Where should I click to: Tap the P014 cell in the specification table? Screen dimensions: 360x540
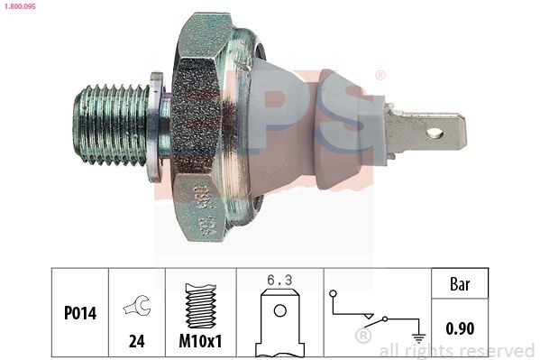click(x=80, y=312)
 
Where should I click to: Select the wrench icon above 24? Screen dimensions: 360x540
click(x=136, y=308)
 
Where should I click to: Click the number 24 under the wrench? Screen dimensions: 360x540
click(x=137, y=340)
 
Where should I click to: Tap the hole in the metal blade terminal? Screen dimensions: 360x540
click(x=435, y=134)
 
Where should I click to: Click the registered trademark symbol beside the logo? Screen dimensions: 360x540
click(x=380, y=76)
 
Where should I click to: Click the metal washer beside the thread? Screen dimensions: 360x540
click(x=159, y=126)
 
